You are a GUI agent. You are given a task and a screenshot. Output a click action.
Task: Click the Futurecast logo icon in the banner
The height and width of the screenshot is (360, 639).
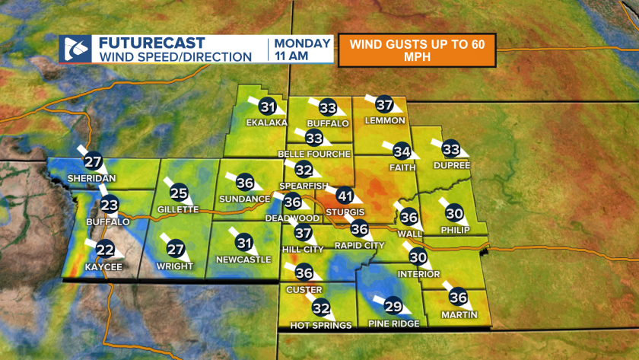75,49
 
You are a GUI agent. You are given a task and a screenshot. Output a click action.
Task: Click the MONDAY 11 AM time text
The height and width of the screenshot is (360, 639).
303,49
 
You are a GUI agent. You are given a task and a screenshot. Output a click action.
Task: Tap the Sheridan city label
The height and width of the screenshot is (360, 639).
91,177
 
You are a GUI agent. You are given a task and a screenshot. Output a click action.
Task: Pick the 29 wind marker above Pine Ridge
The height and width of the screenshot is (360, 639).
393,307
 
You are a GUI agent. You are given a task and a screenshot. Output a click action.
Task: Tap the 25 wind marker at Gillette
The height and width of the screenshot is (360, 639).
179,193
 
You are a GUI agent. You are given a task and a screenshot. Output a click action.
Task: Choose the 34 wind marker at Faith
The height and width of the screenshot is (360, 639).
402,151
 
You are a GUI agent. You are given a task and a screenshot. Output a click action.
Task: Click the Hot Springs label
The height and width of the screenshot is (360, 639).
321,325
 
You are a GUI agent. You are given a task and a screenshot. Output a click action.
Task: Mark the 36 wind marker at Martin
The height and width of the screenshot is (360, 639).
457,298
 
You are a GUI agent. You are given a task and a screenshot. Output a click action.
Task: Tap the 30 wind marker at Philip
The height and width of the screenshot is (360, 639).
454,213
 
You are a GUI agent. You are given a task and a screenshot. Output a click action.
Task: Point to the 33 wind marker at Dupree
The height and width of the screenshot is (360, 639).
451,148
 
